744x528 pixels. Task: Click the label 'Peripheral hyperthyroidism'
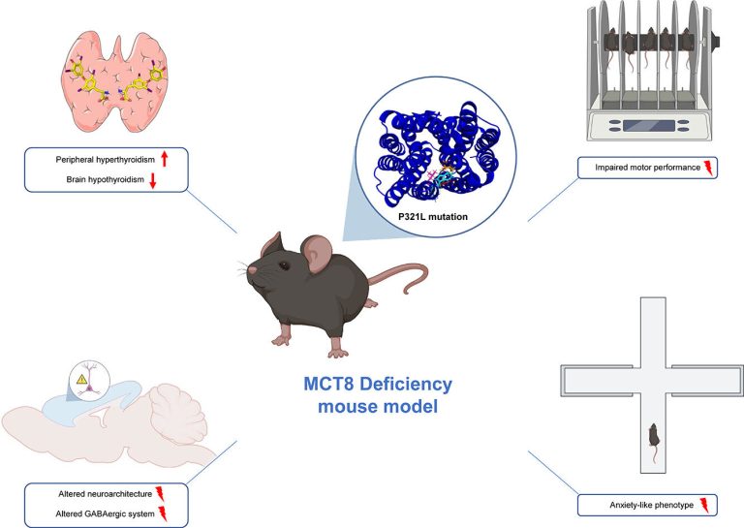point(106,160)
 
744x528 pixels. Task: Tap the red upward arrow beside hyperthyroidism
point(165,159)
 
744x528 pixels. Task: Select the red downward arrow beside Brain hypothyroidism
point(153,180)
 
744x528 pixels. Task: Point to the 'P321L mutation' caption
point(433,217)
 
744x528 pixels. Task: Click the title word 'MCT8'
point(327,384)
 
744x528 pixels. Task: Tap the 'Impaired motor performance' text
point(648,168)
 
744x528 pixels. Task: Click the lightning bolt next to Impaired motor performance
point(708,168)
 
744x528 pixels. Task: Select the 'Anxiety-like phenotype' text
point(651,505)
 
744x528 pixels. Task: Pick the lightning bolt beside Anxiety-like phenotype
point(704,505)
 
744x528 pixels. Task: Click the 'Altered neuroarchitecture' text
point(106,494)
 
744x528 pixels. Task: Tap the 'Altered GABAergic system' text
point(105,513)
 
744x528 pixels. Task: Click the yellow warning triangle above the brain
point(81,379)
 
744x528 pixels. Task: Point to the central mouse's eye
point(284,265)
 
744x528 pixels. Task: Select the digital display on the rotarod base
point(649,126)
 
